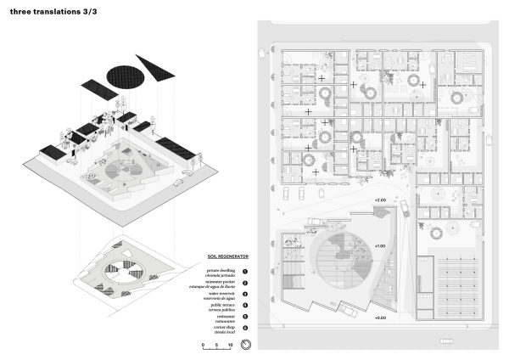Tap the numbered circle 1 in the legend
pyautogui.click(x=244, y=272)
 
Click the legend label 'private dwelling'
pyautogui.click(x=222, y=270)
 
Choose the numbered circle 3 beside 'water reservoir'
pyautogui.click(x=244, y=295)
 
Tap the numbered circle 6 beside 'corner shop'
pyautogui.click(x=244, y=328)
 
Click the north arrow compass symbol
pyautogui.click(x=245, y=346)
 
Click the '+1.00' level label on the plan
pyautogui.click(x=379, y=245)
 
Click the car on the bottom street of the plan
pyautogui.click(x=444, y=342)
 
